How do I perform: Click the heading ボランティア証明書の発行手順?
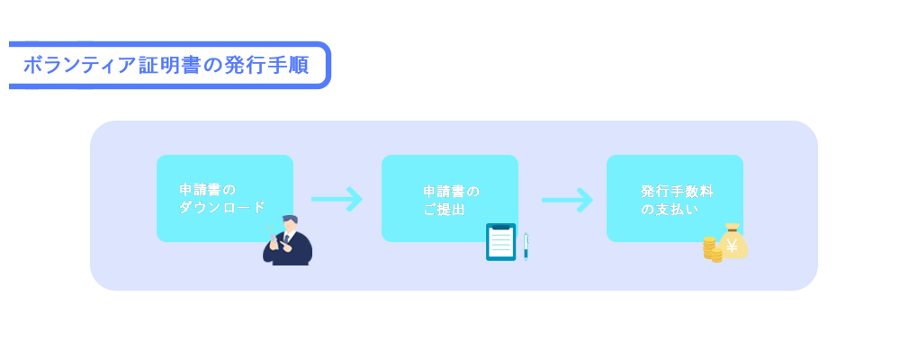pos(166,66)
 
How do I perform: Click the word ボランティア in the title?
pos(80,66)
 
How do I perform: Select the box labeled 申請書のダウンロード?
pos(225,198)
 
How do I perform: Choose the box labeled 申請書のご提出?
pos(450,198)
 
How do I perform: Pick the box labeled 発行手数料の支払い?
pos(675,198)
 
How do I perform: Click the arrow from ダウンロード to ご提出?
pos(337,199)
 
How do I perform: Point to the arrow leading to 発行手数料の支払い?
pos(567,200)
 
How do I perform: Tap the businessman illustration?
pos(288,240)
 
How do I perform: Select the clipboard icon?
pos(501,242)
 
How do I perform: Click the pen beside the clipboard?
pos(526,247)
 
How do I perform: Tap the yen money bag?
pos(733,241)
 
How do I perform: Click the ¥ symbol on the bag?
pos(732,246)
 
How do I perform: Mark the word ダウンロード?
pos(222,207)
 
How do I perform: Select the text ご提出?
pos(444,210)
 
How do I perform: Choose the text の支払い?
pos(670,210)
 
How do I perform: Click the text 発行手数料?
pos(678,191)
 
